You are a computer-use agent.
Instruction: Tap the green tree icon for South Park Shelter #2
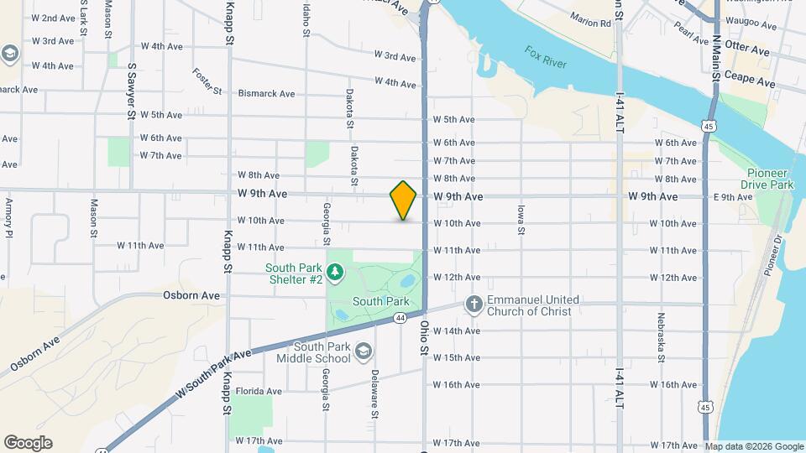(335, 271)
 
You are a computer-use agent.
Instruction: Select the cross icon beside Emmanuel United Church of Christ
(474, 305)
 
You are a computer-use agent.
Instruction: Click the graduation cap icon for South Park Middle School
(364, 349)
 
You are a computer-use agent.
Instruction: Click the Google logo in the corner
(28, 443)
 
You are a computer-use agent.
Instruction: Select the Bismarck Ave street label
(266, 94)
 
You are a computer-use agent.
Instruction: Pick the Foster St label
(207, 81)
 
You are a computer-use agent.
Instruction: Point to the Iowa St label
(521, 218)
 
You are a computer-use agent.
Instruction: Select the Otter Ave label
(746, 51)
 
